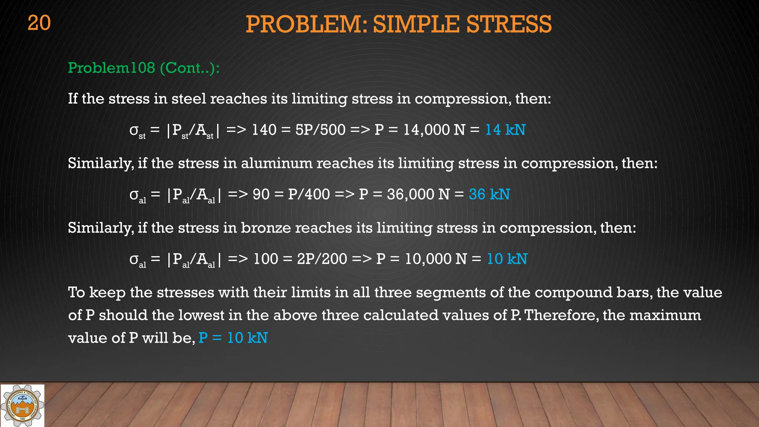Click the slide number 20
tap(39, 23)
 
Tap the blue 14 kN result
tap(505, 130)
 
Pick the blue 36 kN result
tap(489, 194)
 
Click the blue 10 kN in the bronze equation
tap(507, 259)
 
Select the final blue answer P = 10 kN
tap(233, 338)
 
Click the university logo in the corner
tap(23, 406)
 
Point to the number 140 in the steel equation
tap(264, 130)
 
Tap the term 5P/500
tap(320, 130)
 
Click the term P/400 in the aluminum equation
tap(309, 194)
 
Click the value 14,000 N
tap(434, 130)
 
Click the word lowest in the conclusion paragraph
tap(201, 315)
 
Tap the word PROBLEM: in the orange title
tap(306, 24)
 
